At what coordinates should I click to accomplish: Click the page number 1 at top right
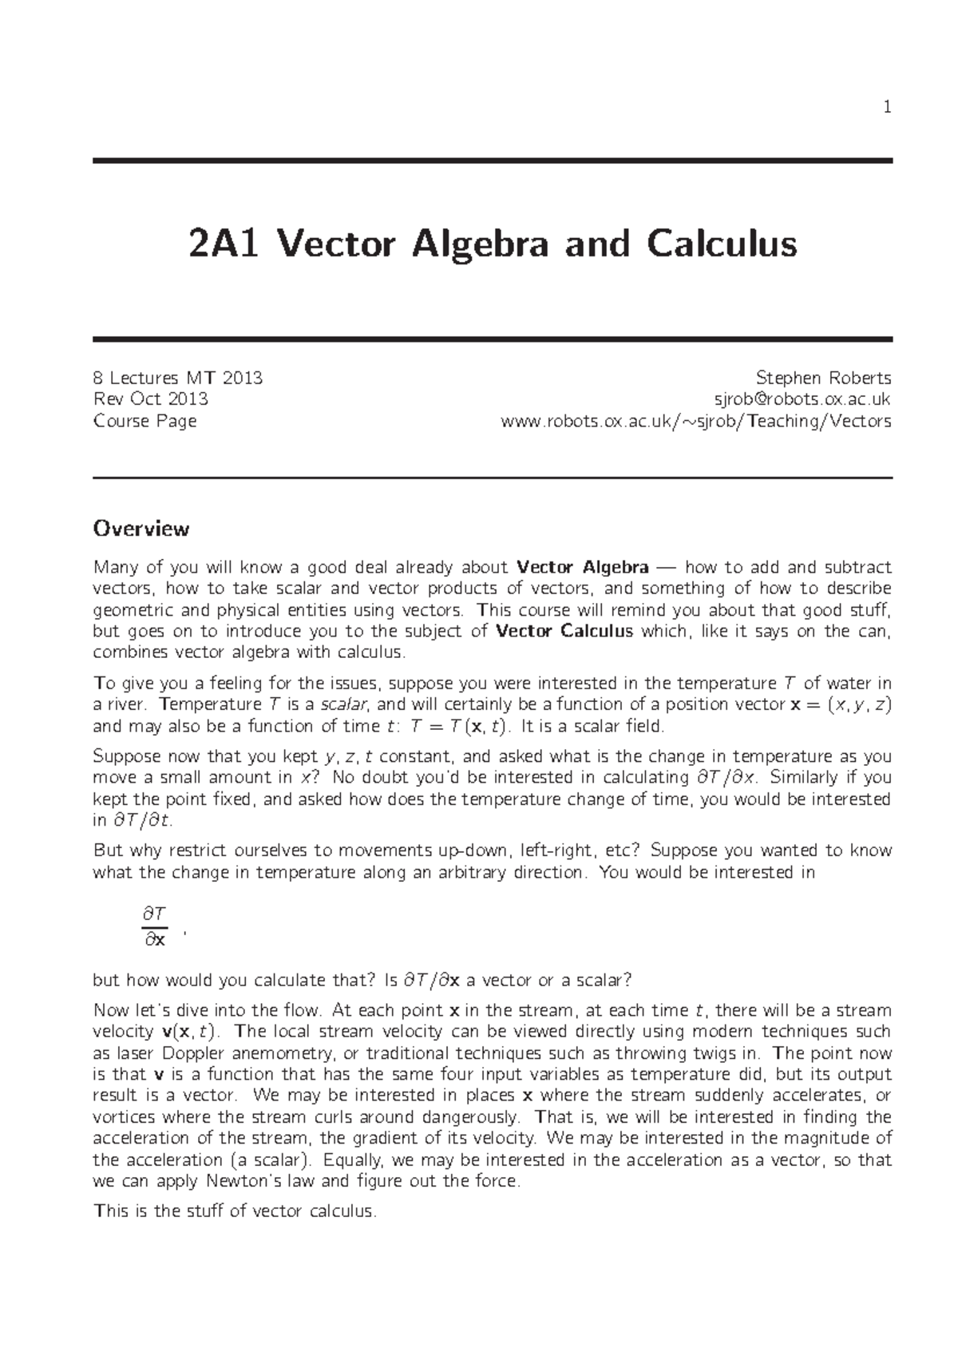887,107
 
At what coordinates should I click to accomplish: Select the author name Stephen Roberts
823,378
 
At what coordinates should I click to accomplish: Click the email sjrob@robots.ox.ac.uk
802,399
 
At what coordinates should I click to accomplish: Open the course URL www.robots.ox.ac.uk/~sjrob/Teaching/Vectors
695,421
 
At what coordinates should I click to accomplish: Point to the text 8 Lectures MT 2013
178,378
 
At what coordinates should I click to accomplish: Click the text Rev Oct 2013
151,399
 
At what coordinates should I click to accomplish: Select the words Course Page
144,421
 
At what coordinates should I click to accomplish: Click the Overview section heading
141,529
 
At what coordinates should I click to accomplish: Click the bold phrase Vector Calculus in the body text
564,632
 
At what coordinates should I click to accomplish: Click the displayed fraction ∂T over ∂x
154,926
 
